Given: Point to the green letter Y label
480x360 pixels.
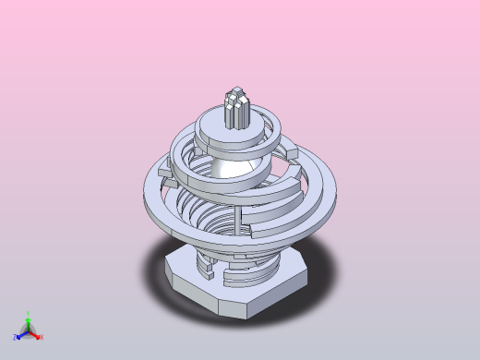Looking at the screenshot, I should pos(29,314).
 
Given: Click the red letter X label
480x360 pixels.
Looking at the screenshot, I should pos(42,338).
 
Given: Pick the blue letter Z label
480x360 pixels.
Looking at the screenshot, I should pos(16,338).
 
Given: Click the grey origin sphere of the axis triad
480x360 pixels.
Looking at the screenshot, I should pos(29,332).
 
